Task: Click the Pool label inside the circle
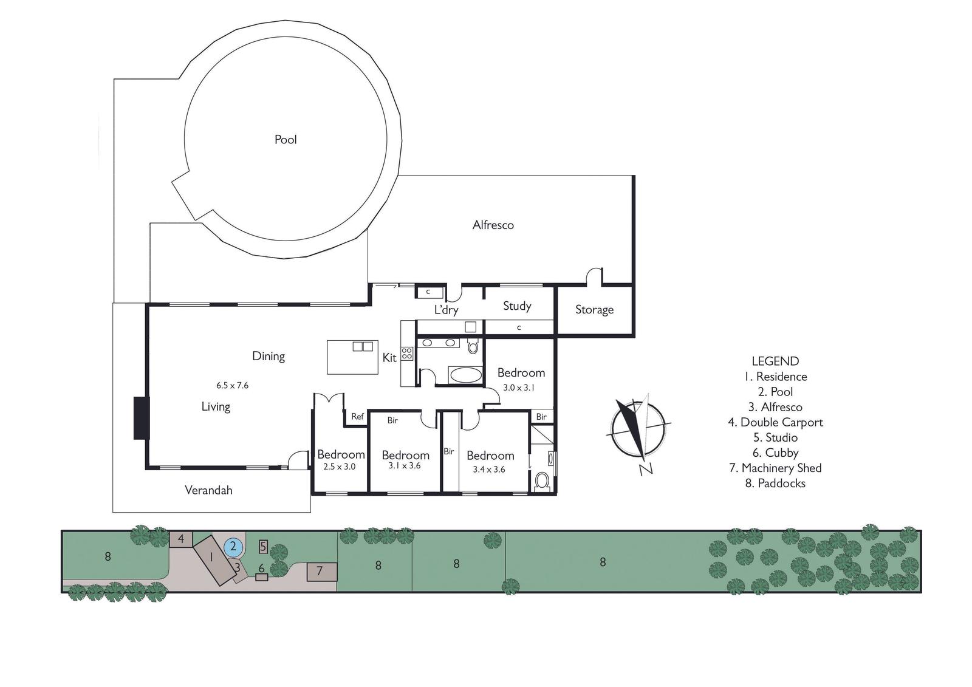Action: [x=286, y=139]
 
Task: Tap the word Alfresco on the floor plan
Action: [x=493, y=225]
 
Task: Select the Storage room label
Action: [x=594, y=309]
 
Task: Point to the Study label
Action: [x=517, y=306]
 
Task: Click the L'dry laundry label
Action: [x=446, y=310]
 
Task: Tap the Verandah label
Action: [x=209, y=490]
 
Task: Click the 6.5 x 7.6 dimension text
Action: [x=232, y=385]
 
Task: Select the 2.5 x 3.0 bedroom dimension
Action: [x=340, y=467]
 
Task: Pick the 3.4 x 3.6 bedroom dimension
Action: [x=489, y=469]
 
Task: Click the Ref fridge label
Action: [x=357, y=417]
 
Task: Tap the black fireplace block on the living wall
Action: [x=142, y=418]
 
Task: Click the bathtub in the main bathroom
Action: [x=465, y=374]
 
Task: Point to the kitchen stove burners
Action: [x=407, y=354]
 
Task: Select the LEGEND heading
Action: [x=775, y=361]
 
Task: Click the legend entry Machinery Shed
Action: [x=775, y=468]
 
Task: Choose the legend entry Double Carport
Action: [x=775, y=422]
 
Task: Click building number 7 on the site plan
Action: [x=321, y=572]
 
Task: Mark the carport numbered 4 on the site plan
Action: [x=181, y=539]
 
